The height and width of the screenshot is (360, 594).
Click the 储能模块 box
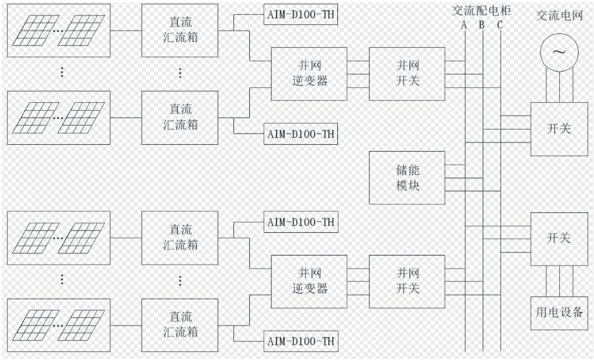click(x=407, y=178)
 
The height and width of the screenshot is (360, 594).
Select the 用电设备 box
click(x=559, y=313)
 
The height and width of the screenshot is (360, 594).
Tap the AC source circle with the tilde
click(x=559, y=52)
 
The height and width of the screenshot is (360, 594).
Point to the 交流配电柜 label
click(x=482, y=10)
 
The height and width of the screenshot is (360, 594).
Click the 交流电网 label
click(x=559, y=15)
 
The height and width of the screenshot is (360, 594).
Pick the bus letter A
click(x=464, y=25)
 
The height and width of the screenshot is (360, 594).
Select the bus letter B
click(x=482, y=25)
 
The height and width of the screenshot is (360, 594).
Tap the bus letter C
click(x=500, y=25)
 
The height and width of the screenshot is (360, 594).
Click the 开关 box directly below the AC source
click(x=559, y=129)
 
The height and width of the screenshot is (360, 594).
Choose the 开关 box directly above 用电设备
click(x=559, y=238)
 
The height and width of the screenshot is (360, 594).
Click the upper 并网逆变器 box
click(x=309, y=74)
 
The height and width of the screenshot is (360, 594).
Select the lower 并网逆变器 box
click(x=309, y=281)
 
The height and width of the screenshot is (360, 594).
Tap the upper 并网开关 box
click(x=407, y=74)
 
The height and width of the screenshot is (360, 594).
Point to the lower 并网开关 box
click(x=407, y=281)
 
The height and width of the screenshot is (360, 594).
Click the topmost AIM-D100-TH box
click(x=301, y=15)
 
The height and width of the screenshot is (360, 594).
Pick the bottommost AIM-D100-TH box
click(x=301, y=341)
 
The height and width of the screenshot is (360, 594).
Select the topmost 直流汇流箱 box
click(x=180, y=30)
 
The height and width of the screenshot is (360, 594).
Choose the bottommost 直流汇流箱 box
click(x=180, y=325)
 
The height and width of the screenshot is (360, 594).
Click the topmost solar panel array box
click(x=58, y=30)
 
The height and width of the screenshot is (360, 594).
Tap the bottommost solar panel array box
click(x=58, y=325)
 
